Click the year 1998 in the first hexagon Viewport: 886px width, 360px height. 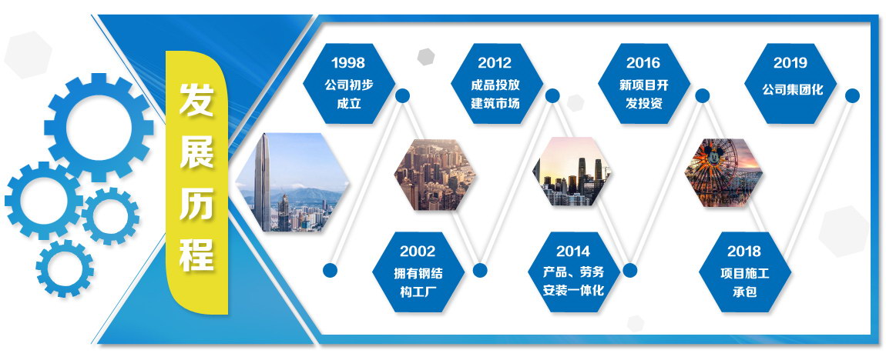point(348,62)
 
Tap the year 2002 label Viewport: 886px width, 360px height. point(418,251)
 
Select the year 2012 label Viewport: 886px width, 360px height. point(495,62)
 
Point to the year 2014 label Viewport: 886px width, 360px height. point(573,251)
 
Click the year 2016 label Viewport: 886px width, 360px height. point(643,62)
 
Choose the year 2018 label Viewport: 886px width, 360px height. point(744,251)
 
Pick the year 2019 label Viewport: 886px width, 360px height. point(790,62)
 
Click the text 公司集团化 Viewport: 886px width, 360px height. point(790,89)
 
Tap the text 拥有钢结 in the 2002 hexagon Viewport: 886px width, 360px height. point(418,274)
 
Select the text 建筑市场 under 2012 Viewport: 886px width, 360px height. point(495,104)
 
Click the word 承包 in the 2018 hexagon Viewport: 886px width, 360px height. point(744,292)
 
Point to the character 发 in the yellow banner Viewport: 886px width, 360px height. point(196,99)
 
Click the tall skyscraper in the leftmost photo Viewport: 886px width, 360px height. point(262,182)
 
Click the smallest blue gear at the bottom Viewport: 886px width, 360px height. point(65,268)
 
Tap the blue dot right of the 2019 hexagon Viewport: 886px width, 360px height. point(852,95)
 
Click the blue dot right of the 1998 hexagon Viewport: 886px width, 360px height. point(402,95)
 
